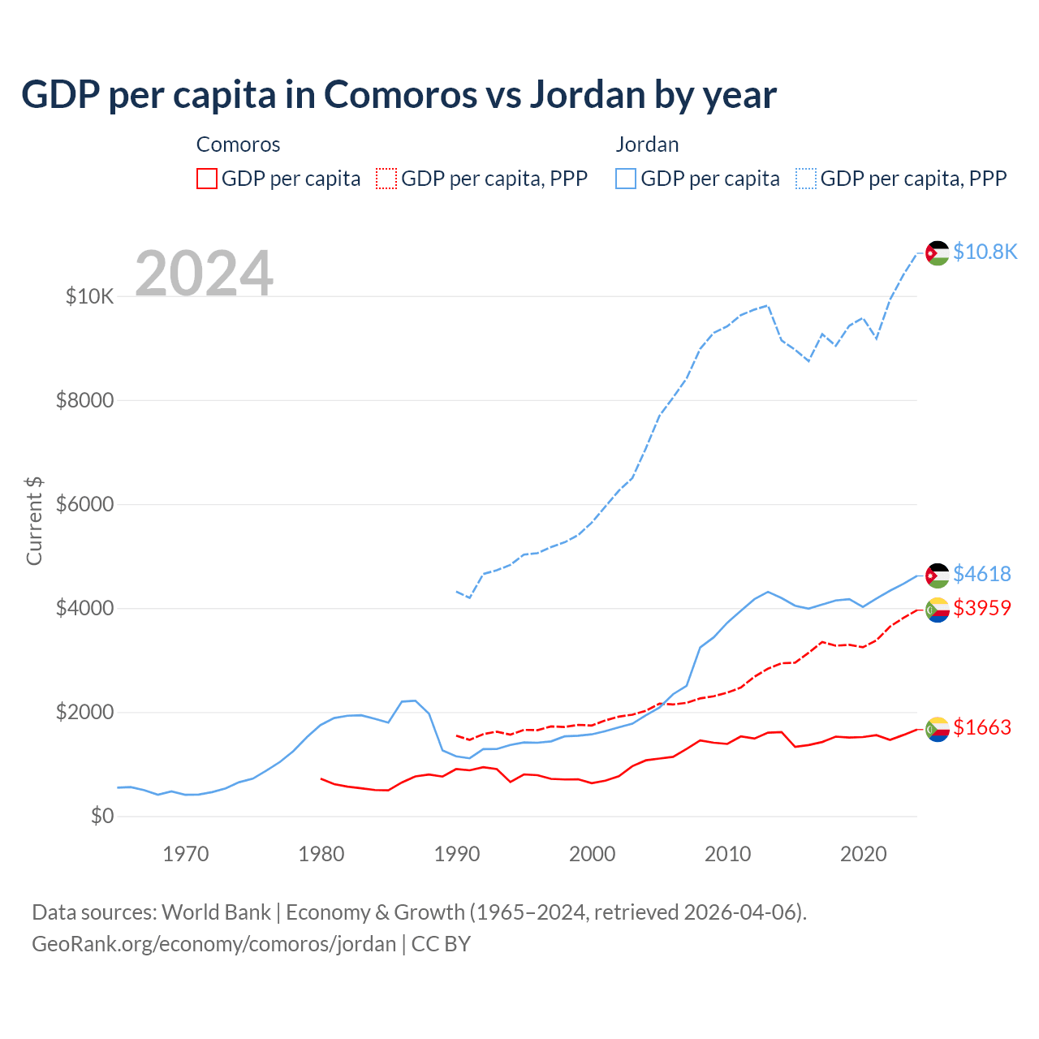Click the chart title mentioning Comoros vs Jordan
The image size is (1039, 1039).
pyautogui.click(x=399, y=95)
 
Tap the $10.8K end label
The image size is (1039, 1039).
pyautogui.click(x=985, y=252)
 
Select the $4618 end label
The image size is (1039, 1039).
pyautogui.click(x=981, y=574)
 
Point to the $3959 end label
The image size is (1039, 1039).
pyautogui.click(x=981, y=607)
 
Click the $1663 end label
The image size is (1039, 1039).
pyautogui.click(x=981, y=727)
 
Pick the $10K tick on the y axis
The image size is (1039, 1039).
pyautogui.click(x=89, y=296)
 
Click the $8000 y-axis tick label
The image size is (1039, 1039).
pyautogui.click(x=84, y=400)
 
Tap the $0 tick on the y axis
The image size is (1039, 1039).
pyautogui.click(x=101, y=816)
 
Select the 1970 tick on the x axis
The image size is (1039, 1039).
pyautogui.click(x=186, y=854)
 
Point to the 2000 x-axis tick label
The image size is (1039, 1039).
pyautogui.click(x=593, y=854)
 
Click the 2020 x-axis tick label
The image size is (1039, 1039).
pyautogui.click(x=863, y=854)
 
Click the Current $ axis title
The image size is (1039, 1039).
pyautogui.click(x=34, y=520)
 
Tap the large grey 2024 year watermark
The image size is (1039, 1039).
pyautogui.click(x=204, y=274)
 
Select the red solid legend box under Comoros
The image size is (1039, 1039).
pyautogui.click(x=207, y=179)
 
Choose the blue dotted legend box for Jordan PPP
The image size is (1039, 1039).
pyautogui.click(x=806, y=179)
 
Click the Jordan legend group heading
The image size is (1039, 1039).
pyautogui.click(x=647, y=144)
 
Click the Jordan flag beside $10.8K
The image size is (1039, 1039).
pyautogui.click(x=938, y=252)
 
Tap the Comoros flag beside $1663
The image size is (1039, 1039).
pyautogui.click(x=938, y=728)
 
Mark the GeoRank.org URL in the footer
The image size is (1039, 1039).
pyautogui.click(x=213, y=944)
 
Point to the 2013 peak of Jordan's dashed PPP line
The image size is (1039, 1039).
pyautogui.click(x=768, y=306)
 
